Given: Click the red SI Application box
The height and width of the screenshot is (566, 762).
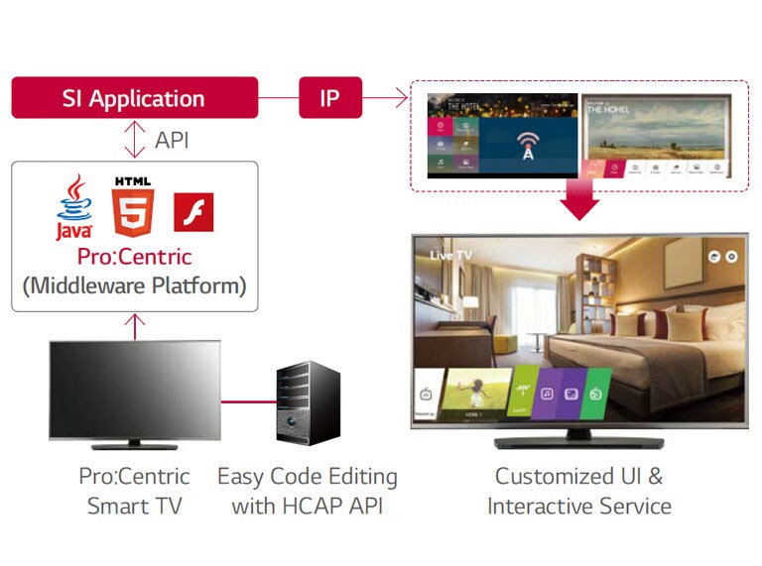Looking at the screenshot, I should point(134,98).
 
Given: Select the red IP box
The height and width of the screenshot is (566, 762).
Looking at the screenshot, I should point(330,98).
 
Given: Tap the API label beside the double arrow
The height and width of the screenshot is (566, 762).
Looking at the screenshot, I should point(172,140).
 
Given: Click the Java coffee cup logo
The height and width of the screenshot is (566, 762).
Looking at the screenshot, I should point(74,206).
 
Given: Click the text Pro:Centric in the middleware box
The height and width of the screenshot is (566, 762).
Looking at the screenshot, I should point(134,257).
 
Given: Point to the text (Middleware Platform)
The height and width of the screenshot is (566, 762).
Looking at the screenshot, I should point(134,286).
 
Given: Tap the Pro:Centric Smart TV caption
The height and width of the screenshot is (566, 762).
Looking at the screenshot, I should point(134,491).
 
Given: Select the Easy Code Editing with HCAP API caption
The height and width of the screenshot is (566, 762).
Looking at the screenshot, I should point(308,491).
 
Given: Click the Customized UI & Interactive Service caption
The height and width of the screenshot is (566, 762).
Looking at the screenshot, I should point(579,491).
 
